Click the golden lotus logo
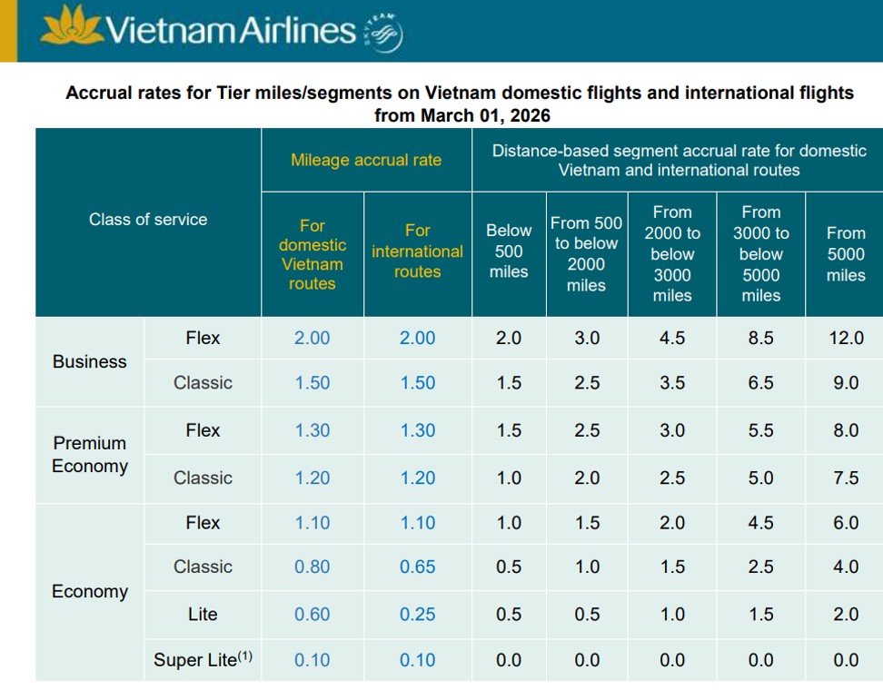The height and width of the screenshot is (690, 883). [x=72, y=30]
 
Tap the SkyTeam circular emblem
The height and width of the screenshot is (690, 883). [x=383, y=34]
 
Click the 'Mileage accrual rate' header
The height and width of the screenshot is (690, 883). [x=366, y=160]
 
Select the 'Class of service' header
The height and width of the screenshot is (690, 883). [x=148, y=220]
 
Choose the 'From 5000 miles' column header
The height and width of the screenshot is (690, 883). [x=846, y=254]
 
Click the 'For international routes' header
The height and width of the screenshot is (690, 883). [x=418, y=251]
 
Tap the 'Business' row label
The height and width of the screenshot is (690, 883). [x=90, y=361]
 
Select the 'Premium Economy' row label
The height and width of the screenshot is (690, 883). [x=90, y=455]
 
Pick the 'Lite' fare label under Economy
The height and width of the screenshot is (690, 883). [x=203, y=615]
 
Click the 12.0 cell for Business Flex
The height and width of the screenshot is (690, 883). [x=846, y=338]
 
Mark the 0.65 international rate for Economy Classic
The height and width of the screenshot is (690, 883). [x=418, y=567]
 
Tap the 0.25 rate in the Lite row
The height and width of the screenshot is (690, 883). [x=418, y=615]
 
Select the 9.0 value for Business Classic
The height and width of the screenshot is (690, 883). [x=846, y=383]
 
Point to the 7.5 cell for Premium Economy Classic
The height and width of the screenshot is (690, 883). [x=846, y=478]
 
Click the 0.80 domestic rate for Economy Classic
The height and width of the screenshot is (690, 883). [x=313, y=567]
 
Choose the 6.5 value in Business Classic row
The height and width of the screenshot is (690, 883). [x=760, y=383]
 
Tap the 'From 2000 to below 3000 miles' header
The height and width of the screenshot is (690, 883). [x=672, y=253]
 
